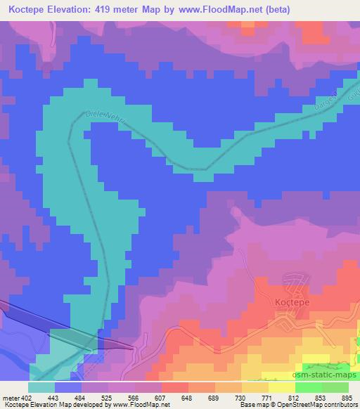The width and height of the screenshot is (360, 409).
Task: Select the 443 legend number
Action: pos(53,398)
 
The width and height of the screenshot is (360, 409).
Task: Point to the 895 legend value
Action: pos(347,398)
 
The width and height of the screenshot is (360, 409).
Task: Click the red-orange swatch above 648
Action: pos(175,387)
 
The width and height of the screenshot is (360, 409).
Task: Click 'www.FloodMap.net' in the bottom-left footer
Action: pos(139,405)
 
